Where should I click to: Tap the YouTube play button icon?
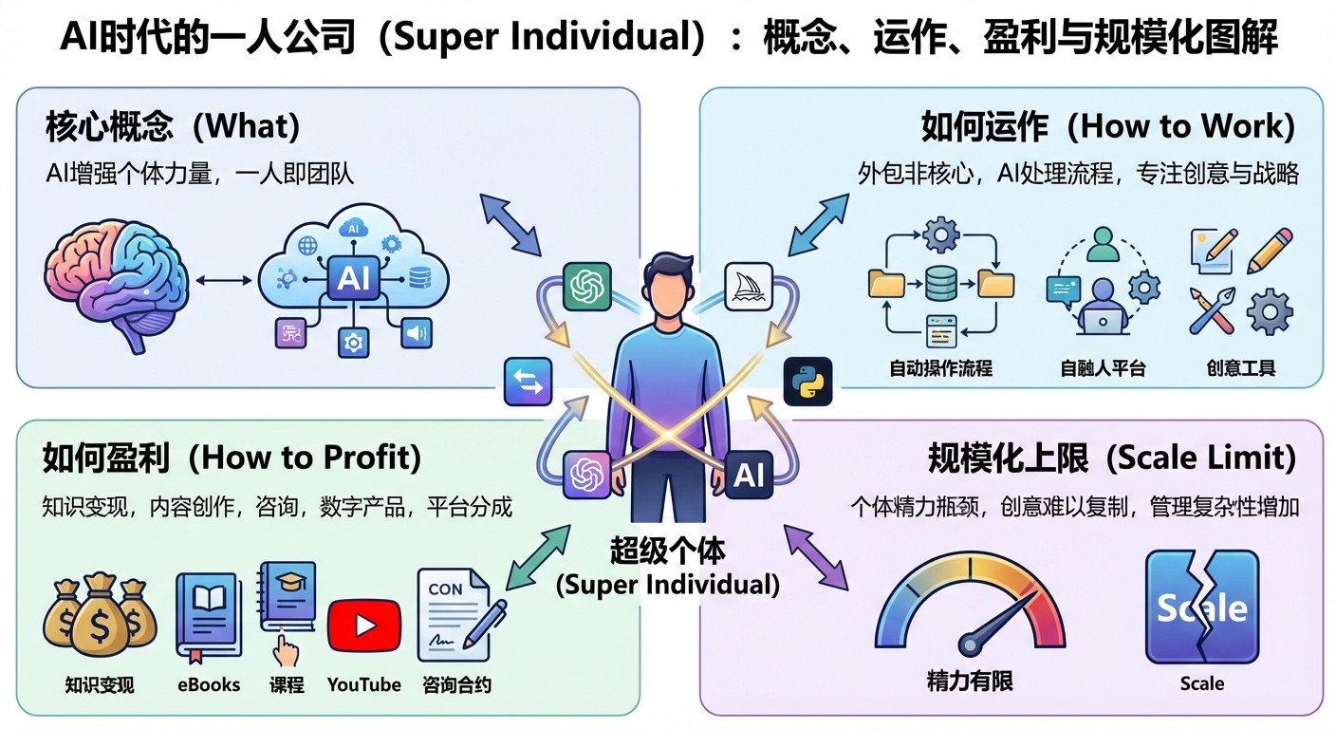click(x=363, y=626)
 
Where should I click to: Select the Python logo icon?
click(x=807, y=383)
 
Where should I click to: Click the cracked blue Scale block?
click(x=1201, y=607)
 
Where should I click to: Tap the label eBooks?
click(x=209, y=684)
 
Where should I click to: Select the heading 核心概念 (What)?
click(x=172, y=126)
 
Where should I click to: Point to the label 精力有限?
click(x=969, y=681)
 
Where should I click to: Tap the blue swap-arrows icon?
click(x=529, y=382)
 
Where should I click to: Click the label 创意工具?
click(x=1240, y=368)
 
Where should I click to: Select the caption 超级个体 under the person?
click(x=667, y=551)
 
